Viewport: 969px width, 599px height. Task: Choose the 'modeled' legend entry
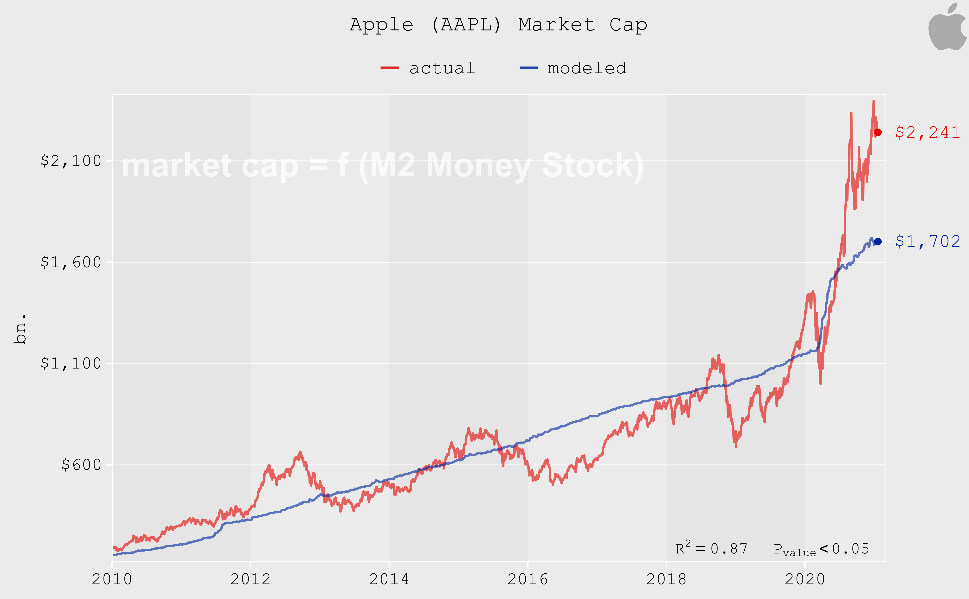pos(573,68)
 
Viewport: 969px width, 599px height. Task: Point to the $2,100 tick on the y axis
pos(71,161)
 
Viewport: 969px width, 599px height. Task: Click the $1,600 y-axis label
pos(71,262)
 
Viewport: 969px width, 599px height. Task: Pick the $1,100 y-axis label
pos(71,363)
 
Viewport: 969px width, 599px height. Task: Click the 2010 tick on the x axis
pos(112,579)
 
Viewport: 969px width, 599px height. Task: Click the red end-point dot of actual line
pos(878,132)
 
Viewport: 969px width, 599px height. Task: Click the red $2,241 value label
pos(927,132)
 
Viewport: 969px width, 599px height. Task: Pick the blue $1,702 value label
pos(927,241)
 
